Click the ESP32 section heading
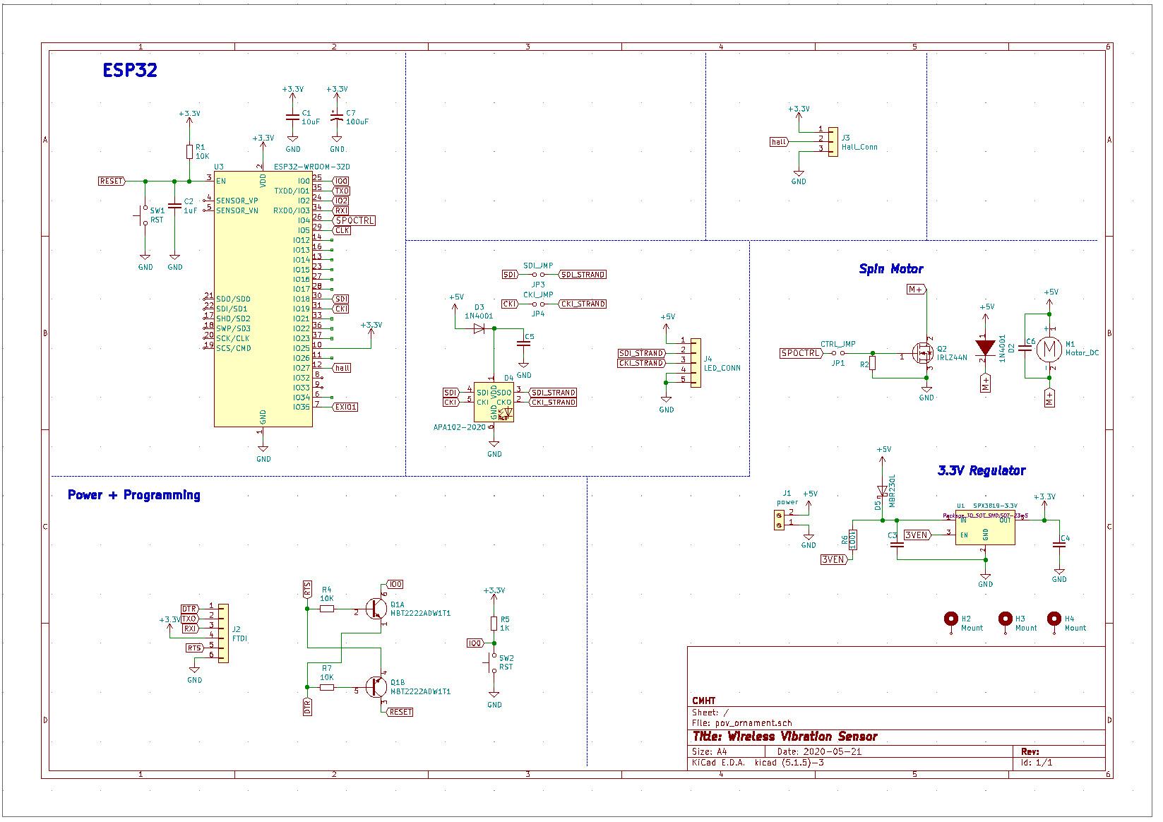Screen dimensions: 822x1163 pos(129,71)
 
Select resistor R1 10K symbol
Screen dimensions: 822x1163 pos(189,152)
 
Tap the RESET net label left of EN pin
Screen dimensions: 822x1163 pos(112,181)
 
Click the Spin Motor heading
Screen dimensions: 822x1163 pos(890,269)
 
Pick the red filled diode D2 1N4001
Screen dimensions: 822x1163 pos(986,348)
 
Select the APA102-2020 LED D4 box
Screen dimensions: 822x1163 pos(494,402)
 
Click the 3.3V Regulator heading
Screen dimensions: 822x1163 pos(981,471)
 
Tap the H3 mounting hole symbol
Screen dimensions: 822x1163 pos(1006,619)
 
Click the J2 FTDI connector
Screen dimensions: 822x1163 pos(223,633)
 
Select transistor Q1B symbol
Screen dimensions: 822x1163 pos(377,686)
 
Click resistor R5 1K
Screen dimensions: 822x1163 pos(494,623)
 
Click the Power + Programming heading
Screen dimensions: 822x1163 pos(133,495)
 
